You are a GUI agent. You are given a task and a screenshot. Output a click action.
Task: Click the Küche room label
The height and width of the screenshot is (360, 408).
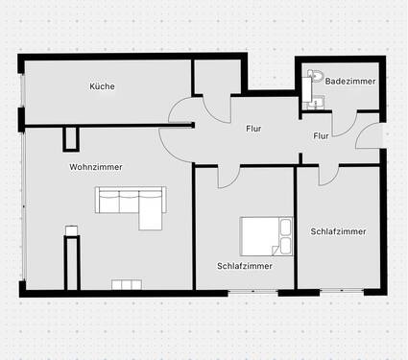tap(103, 86)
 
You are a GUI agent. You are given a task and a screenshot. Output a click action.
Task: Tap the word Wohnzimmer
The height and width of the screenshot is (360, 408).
tap(95, 167)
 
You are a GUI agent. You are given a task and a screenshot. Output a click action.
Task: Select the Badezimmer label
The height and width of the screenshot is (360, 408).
tap(344, 82)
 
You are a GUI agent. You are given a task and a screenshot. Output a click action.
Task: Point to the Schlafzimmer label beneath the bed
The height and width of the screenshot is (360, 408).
tap(245, 265)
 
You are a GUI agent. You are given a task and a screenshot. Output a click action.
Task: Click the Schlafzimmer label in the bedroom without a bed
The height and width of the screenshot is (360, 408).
tap(338, 231)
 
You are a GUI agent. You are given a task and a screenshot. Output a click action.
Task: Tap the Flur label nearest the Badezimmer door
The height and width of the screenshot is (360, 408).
tap(321, 135)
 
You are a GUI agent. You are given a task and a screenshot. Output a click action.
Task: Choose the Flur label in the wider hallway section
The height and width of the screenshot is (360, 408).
tap(253, 128)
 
